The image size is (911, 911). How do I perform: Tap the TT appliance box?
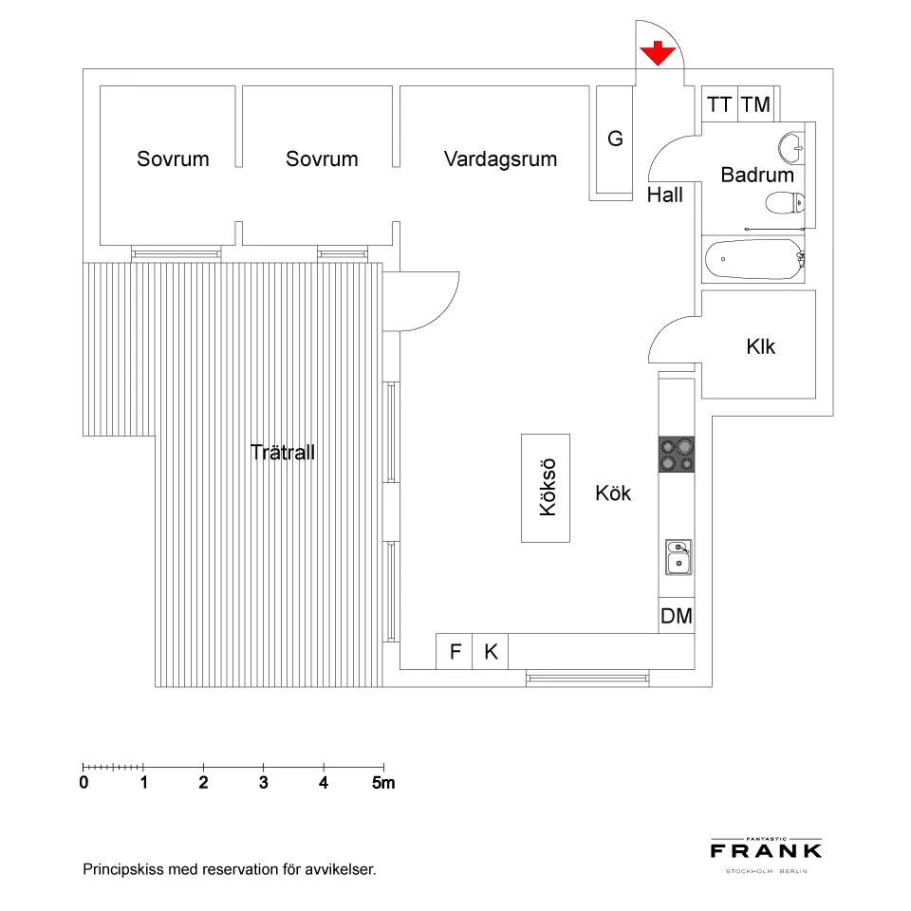pos(719,104)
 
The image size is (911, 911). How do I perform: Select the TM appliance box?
pos(756,104)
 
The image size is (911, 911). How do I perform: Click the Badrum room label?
pos(756,175)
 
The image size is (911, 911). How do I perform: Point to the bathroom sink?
pos(790,146)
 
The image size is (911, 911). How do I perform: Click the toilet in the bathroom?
pos(784,202)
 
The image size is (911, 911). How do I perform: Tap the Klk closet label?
pos(760,346)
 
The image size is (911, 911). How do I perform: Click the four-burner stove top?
pos(677,454)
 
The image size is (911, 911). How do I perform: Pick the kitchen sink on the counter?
pos(678,557)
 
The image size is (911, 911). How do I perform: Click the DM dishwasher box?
pos(677,616)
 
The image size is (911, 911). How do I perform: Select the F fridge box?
pos(455,652)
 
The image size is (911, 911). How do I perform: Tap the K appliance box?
pos(491,652)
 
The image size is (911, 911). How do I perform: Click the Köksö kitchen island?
pos(546,488)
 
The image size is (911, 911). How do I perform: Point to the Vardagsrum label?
pos(500,158)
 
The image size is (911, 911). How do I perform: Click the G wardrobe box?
pos(614,139)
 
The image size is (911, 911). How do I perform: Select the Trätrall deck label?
pos(283,453)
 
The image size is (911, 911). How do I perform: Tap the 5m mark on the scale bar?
pos(383,783)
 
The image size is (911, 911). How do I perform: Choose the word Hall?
pos(664,195)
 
